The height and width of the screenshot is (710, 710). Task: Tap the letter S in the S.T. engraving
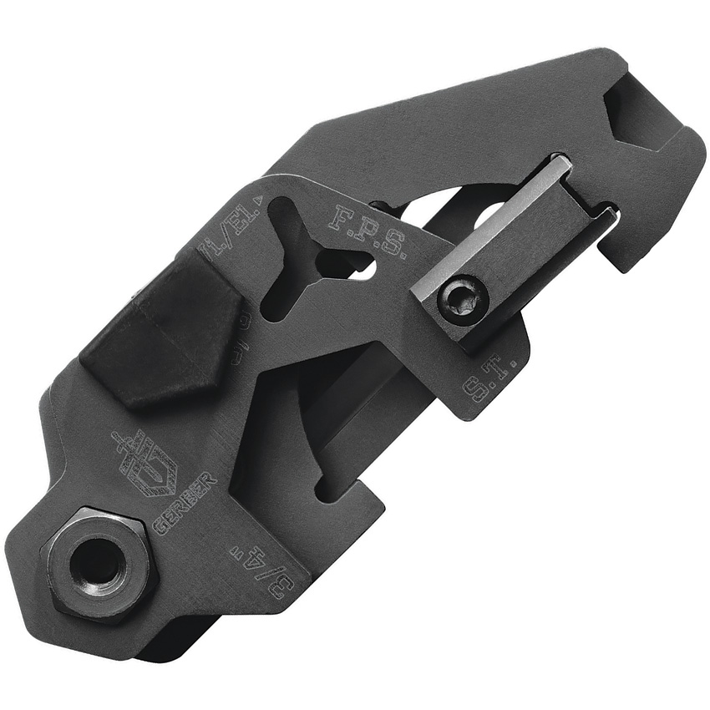click(x=476, y=391)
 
